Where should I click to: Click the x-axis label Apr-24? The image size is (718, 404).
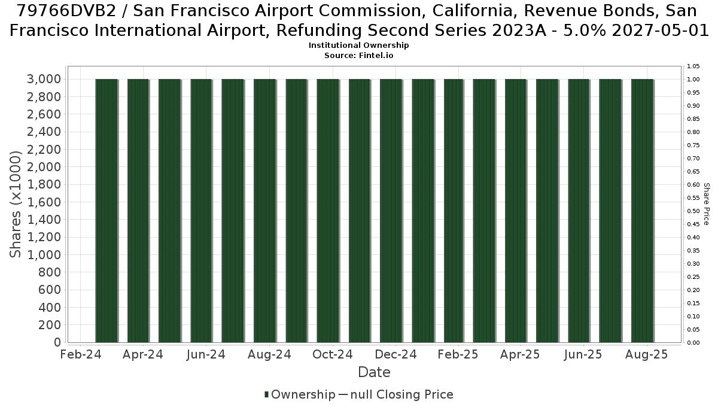coord(142,354)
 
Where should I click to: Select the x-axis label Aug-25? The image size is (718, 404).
coord(647,354)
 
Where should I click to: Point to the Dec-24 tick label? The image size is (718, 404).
coord(395,354)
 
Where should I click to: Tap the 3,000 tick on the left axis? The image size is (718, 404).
coord(44,79)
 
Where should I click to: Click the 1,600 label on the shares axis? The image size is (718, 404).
coord(44,202)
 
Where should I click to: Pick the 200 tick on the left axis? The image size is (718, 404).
coord(50,325)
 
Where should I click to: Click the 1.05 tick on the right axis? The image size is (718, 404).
coord(693,66)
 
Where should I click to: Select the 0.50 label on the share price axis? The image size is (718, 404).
coord(693,211)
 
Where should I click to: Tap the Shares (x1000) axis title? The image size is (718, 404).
coord(15,204)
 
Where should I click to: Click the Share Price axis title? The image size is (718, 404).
coord(706,204)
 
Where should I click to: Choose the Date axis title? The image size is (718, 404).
coord(374,372)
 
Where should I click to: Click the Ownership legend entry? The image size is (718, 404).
coord(300,394)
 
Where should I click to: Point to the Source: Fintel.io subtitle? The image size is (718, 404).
coord(358,56)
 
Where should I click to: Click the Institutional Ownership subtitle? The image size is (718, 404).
coord(358,45)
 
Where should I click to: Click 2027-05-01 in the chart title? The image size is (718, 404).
coord(661,31)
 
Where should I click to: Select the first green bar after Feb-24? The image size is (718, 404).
coord(107,211)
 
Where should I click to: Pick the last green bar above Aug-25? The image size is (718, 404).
coord(643,211)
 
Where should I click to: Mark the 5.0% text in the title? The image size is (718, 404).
coord(585,31)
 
